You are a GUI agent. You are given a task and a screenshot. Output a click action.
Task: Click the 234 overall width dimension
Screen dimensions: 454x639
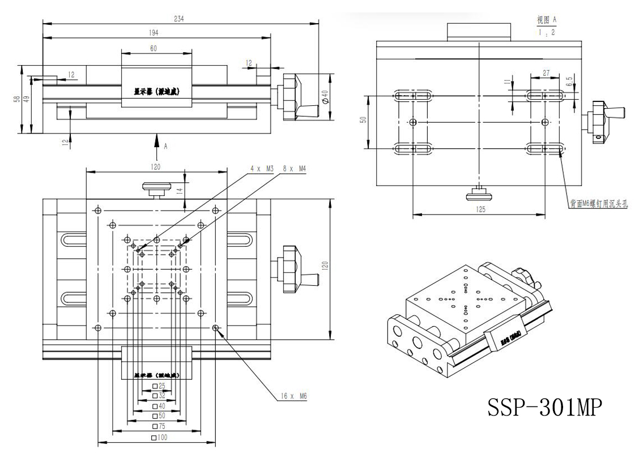(179, 18)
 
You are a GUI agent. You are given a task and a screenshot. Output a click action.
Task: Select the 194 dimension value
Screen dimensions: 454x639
(154, 33)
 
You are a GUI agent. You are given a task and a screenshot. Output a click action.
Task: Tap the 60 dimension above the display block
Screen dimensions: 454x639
(154, 49)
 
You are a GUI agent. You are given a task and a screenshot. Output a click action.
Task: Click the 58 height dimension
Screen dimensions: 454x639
(18, 99)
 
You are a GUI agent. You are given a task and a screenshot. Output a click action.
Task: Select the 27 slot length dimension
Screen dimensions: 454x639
(546, 73)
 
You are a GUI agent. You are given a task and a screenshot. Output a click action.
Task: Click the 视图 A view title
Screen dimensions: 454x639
(547, 20)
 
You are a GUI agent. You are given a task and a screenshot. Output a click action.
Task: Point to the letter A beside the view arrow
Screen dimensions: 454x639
(165, 146)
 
